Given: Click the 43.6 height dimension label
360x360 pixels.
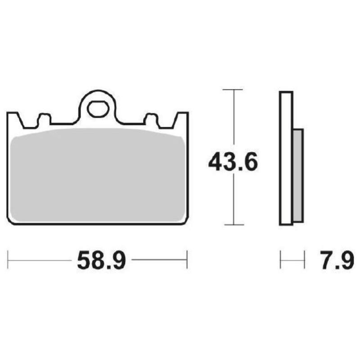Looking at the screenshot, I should (233, 162).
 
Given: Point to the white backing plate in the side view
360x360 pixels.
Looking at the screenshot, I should (286, 157).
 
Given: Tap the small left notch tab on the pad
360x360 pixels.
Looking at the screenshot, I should (44, 119).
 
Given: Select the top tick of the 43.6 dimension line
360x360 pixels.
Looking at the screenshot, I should (233, 90).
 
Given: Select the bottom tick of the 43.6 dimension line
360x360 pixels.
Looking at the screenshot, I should (233, 224).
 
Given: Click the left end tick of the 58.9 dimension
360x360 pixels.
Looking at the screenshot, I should (8, 260).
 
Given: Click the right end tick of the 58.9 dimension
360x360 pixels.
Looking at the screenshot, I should (187, 260).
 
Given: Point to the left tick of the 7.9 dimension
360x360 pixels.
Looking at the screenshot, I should (281, 260).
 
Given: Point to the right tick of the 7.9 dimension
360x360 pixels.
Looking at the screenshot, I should (305, 260).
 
